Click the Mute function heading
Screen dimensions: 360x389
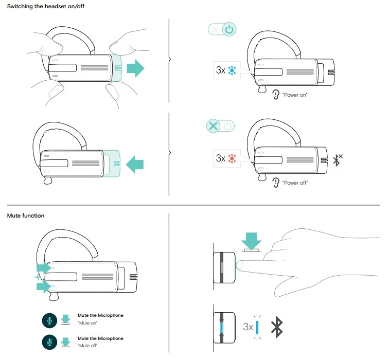pyautogui.click(x=26, y=215)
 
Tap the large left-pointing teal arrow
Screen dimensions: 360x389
pyautogui.click(x=135, y=165)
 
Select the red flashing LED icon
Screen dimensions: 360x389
pyautogui.click(x=232, y=158)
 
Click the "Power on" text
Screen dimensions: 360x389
pyautogui.click(x=295, y=95)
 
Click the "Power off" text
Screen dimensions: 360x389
pyautogui.click(x=295, y=183)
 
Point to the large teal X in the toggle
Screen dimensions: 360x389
pyautogui.click(x=212, y=126)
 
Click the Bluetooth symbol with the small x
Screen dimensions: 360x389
pyautogui.click(x=338, y=160)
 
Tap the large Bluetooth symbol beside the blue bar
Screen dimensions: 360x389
pyautogui.click(x=278, y=326)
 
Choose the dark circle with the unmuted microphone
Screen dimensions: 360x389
pyautogui.click(x=49, y=320)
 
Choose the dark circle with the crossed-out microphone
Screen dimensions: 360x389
pyautogui.click(x=49, y=343)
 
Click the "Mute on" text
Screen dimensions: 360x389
pyautogui.click(x=87, y=323)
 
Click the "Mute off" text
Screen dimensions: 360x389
pyautogui.click(x=87, y=346)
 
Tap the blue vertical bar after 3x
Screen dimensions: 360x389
pyautogui.click(x=257, y=327)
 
